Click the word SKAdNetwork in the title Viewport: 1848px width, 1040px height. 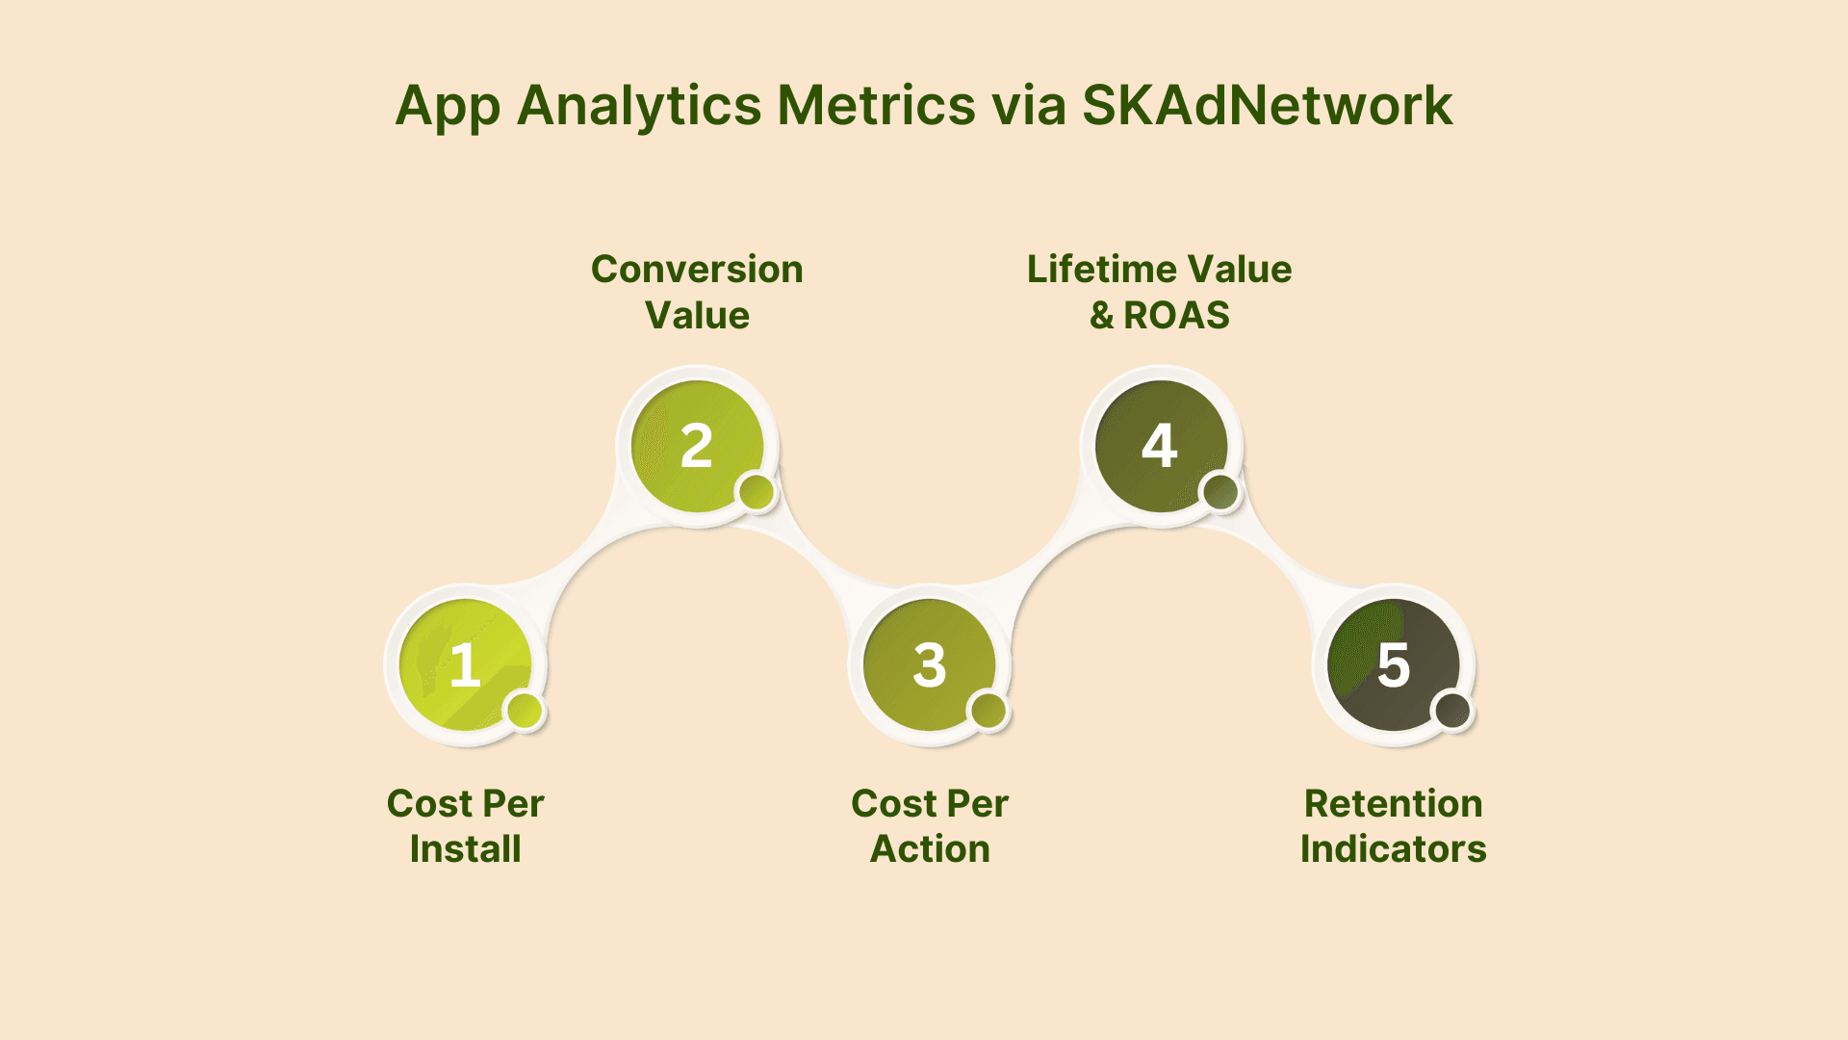click(1267, 105)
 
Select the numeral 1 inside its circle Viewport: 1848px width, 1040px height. click(466, 665)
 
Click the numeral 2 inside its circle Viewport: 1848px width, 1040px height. click(697, 446)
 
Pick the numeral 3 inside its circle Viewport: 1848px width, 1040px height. click(930, 665)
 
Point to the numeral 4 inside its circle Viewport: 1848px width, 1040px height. click(1160, 446)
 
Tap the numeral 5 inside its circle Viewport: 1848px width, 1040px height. click(1394, 665)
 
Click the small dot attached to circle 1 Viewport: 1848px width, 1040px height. click(525, 712)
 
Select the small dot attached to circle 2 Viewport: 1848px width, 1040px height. click(757, 492)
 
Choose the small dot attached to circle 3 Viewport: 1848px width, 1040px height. click(988, 712)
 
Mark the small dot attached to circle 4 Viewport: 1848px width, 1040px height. click(1221, 492)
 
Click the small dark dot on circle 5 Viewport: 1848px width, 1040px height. click(1453, 712)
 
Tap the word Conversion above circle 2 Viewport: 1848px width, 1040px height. click(697, 270)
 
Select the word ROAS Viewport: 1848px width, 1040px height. click(1176, 316)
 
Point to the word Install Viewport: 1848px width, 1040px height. click(466, 849)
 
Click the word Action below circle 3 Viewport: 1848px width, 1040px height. click(930, 849)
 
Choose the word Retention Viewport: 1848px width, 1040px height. click(1394, 804)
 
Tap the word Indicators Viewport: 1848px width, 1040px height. click(1394, 849)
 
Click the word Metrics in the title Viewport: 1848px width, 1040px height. click(877, 105)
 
